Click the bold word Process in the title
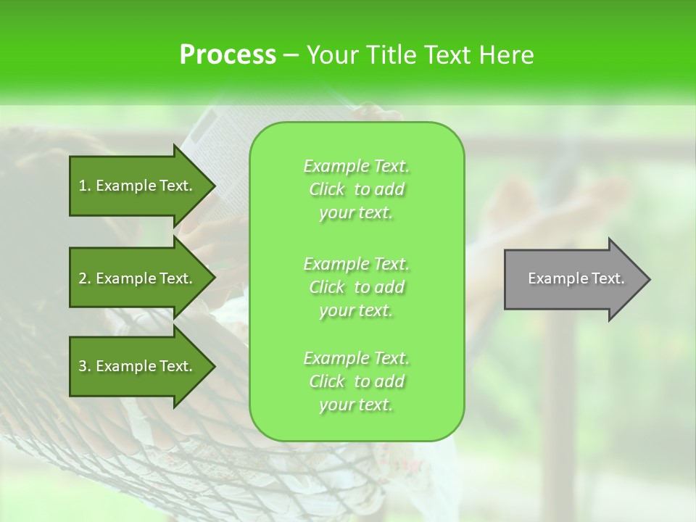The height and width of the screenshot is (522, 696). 228,55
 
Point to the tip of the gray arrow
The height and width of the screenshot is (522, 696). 647,279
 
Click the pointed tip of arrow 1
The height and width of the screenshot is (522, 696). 212,186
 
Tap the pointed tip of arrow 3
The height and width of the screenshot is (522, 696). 212,366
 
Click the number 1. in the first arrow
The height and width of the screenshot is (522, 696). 84,186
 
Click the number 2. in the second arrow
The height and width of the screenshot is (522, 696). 84,278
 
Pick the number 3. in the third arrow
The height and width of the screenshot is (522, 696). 84,366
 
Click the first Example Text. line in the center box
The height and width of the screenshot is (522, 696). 356,166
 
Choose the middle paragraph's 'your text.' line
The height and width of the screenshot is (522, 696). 356,310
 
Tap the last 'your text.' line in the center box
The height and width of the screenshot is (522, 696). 356,405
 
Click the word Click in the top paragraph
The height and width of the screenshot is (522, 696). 327,189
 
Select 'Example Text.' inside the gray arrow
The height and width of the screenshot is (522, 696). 576,278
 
